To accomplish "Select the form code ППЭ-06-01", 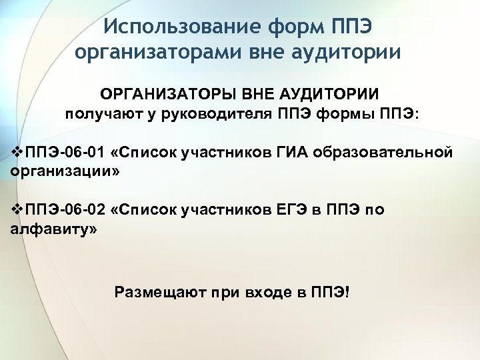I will pyautogui.click(x=64, y=153).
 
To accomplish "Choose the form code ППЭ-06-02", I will pyautogui.click(x=64, y=211).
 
